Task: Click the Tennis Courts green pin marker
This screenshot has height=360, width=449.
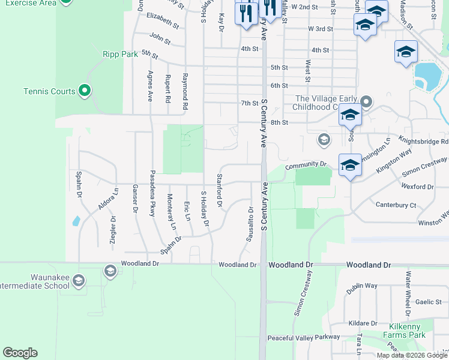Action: tap(85, 91)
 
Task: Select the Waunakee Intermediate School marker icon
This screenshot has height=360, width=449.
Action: tap(109, 271)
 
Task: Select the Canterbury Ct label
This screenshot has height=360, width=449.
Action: tap(396, 205)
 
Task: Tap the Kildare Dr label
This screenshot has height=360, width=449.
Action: tap(362, 323)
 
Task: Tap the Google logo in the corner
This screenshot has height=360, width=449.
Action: tap(20, 353)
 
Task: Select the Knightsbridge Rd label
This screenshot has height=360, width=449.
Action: tap(427, 142)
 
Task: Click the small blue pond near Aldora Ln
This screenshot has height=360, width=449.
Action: tap(76, 221)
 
